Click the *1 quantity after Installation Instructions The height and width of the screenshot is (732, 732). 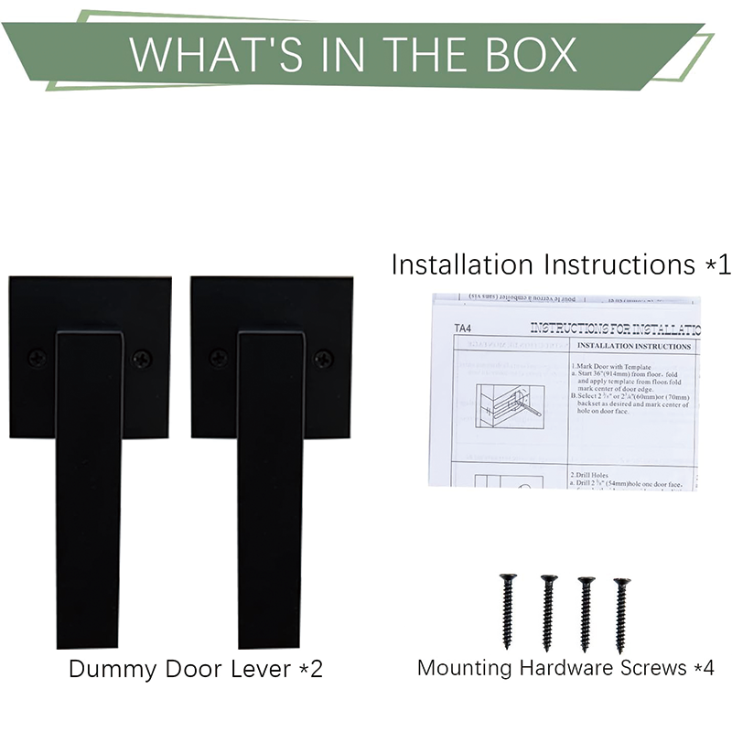(x=717, y=265)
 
